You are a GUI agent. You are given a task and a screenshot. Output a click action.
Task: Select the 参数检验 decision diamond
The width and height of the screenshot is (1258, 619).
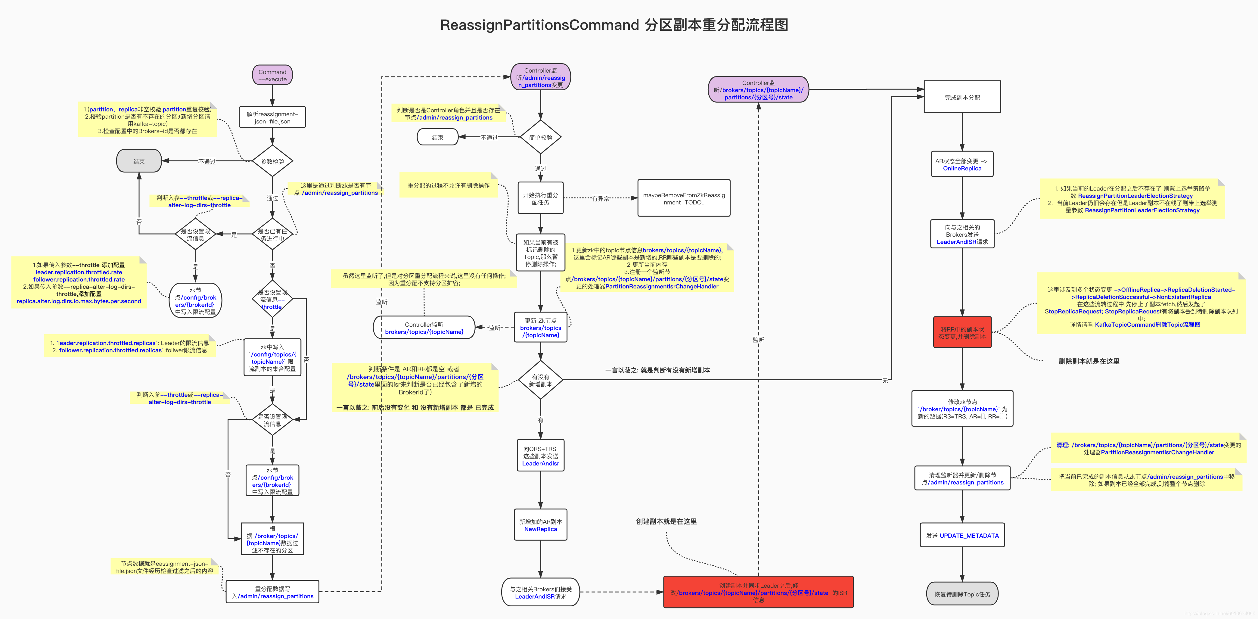pyautogui.click(x=272, y=161)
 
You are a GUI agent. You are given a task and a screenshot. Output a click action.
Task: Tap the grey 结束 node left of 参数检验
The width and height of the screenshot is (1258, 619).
pyautogui.click(x=139, y=161)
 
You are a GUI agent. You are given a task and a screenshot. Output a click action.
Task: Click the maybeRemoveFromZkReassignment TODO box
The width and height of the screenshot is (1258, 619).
pyautogui.click(x=684, y=198)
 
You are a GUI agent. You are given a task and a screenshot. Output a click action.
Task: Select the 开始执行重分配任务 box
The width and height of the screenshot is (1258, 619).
pyautogui.click(x=541, y=198)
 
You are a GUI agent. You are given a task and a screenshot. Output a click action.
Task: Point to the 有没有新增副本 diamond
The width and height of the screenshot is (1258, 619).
pyautogui.click(x=541, y=380)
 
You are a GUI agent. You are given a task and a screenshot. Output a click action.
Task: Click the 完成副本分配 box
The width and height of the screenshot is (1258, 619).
pyautogui.click(x=962, y=97)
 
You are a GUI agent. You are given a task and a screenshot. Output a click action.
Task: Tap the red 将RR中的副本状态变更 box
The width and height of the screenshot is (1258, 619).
pyautogui.click(x=962, y=333)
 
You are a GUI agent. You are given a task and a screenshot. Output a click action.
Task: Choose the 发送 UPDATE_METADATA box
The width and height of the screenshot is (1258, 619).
pyautogui.click(x=962, y=536)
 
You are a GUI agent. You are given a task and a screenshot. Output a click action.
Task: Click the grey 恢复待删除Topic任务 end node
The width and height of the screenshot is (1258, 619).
pyautogui.click(x=962, y=594)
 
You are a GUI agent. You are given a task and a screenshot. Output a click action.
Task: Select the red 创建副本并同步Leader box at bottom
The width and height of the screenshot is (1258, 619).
pyautogui.click(x=758, y=592)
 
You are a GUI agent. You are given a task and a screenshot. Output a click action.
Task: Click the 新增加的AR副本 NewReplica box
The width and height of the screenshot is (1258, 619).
pyautogui.click(x=541, y=525)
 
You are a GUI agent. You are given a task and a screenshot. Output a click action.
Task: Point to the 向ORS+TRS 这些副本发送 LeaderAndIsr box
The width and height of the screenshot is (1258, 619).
pyautogui.click(x=541, y=456)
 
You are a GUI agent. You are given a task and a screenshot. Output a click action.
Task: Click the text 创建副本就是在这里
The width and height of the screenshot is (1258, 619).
pyautogui.click(x=666, y=521)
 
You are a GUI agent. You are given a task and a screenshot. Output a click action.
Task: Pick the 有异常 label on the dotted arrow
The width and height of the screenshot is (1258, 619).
pyautogui.click(x=600, y=199)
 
